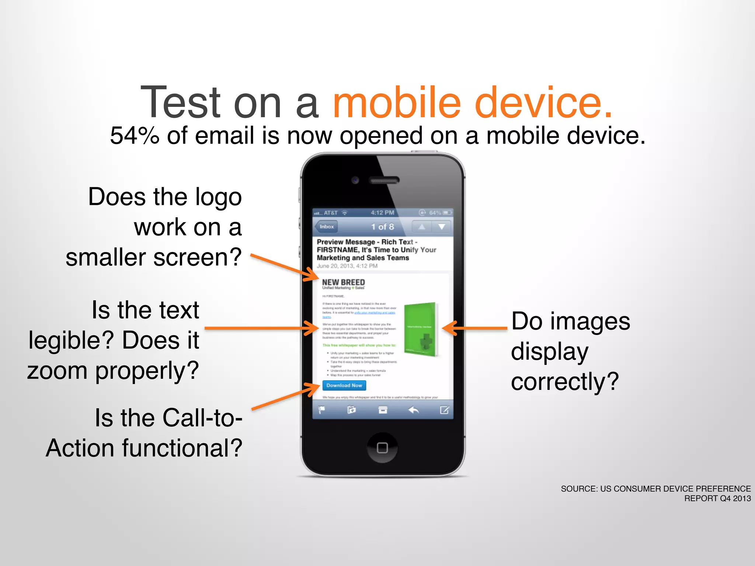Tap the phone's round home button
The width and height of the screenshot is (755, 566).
tap(382, 447)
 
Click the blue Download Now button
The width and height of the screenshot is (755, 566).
tap(344, 385)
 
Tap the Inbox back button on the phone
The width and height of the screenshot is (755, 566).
tap(326, 227)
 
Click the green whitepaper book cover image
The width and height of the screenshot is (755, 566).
tap(420, 329)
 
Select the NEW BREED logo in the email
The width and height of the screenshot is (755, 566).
tap(343, 283)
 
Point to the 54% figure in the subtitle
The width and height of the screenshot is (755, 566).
tap(135, 136)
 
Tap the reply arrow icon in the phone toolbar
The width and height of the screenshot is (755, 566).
tap(414, 410)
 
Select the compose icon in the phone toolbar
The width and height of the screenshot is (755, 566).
tap(444, 410)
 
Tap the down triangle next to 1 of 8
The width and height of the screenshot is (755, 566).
tap(441, 227)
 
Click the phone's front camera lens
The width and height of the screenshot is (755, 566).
tap(355, 180)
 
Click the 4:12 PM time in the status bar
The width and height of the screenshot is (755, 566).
tap(382, 213)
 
